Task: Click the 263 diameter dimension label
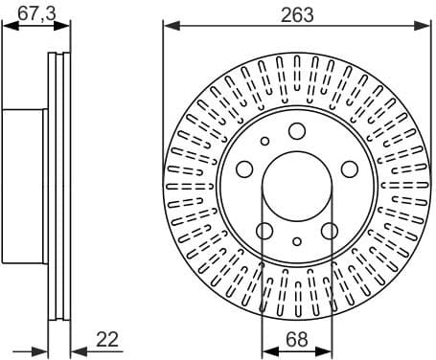coord(295,12)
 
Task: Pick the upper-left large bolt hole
coord(244,170)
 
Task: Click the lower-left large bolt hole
coord(264,231)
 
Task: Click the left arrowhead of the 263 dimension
coord(168,25)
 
